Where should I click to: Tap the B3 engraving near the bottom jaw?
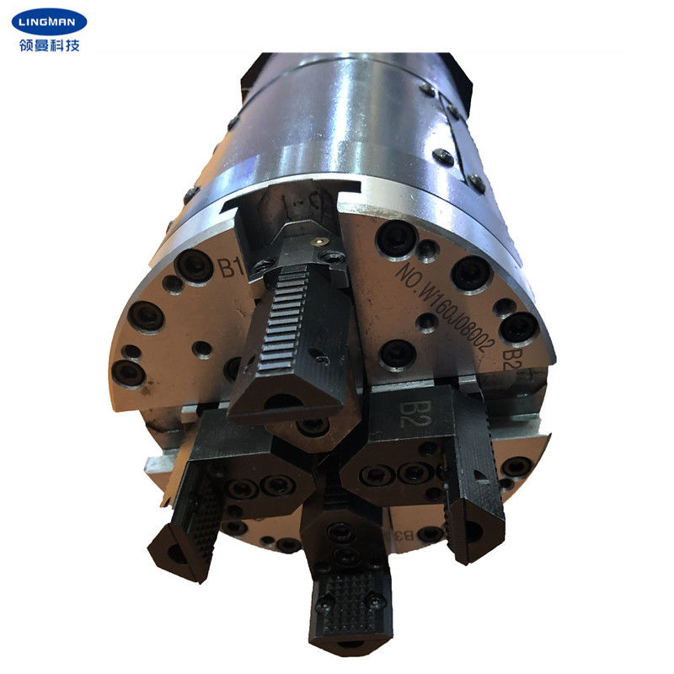pos(404,534)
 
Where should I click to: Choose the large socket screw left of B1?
pos(194,266)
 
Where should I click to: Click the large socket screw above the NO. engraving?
pos(395,239)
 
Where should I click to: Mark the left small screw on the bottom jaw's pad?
pos(325,600)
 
